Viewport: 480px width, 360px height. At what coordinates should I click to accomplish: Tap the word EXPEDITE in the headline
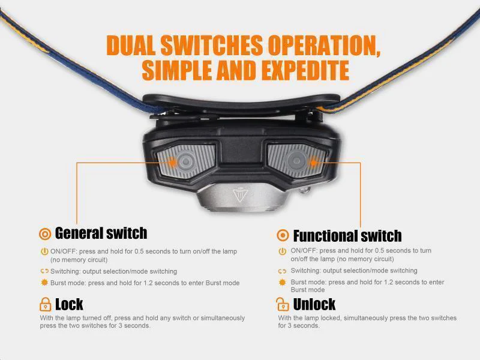click(x=305, y=70)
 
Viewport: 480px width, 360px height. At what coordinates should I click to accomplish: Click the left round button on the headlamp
click(x=185, y=161)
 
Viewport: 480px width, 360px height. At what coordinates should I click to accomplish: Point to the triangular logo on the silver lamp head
click(x=240, y=196)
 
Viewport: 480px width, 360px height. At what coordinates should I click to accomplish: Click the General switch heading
click(x=101, y=233)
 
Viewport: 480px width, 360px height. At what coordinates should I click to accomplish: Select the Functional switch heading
click(x=347, y=236)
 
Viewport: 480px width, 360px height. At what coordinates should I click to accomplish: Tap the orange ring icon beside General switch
click(x=45, y=234)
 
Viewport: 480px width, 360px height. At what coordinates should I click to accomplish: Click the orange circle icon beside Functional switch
click(x=283, y=235)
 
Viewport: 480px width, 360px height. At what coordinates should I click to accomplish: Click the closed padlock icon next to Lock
click(x=46, y=304)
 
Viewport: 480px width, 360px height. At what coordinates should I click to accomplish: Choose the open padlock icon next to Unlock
click(x=282, y=304)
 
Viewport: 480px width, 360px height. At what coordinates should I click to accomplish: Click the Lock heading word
click(x=69, y=304)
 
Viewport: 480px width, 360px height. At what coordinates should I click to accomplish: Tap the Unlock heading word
click(x=314, y=304)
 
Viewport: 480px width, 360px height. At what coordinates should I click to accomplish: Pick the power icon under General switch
click(x=44, y=251)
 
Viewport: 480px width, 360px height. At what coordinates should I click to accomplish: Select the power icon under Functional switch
click(x=282, y=251)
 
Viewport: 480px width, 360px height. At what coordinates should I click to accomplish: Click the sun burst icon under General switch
click(x=44, y=282)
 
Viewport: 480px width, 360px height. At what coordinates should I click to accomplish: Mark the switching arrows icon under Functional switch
click(x=282, y=271)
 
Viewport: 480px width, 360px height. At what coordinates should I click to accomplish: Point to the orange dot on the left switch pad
click(x=173, y=162)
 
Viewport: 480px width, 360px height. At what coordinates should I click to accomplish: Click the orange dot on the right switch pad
click(x=313, y=162)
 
